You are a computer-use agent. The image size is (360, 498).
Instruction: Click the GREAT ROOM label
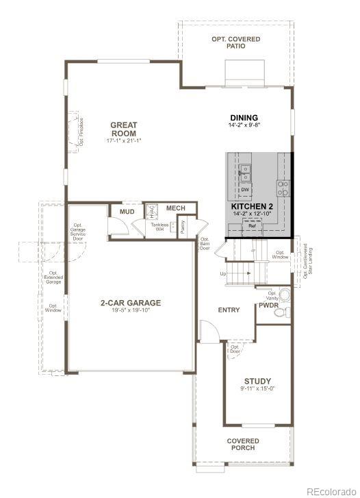pyautogui.click(x=124, y=129)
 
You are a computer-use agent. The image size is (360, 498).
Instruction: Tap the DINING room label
pyautogui.click(x=244, y=118)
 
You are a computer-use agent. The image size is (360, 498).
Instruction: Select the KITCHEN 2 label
pyautogui.click(x=252, y=206)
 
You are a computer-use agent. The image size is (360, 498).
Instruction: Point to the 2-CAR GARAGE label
pyautogui.click(x=131, y=302)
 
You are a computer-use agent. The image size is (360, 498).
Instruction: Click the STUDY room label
pyautogui.click(x=257, y=381)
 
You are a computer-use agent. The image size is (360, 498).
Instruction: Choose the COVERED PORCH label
pyautogui.click(x=243, y=444)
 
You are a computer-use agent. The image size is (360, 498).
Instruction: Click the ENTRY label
pyautogui.click(x=229, y=310)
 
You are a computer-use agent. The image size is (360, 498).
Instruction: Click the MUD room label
pyautogui.click(x=127, y=212)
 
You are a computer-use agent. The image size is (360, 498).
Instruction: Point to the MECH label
pyautogui.click(x=176, y=208)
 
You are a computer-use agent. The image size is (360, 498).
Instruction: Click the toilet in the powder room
pyautogui.click(x=281, y=312)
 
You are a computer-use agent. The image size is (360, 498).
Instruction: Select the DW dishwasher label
pyautogui.click(x=244, y=189)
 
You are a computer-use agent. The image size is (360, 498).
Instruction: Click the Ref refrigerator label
pyautogui.click(x=252, y=225)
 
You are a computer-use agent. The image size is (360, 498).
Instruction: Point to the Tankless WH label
pyautogui.click(x=160, y=227)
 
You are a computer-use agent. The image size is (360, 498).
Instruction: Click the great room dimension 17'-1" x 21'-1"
pyautogui.click(x=124, y=140)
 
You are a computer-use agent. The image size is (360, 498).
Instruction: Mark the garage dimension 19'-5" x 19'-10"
pyautogui.click(x=131, y=310)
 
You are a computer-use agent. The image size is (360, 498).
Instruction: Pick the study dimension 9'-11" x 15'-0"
pyautogui.click(x=257, y=389)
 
